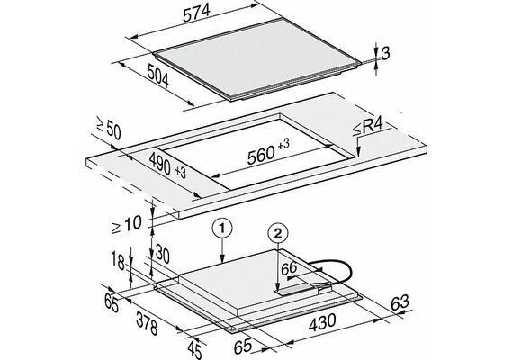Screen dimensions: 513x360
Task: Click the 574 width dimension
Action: coord(196,14)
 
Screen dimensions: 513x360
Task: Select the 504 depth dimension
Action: coord(158,76)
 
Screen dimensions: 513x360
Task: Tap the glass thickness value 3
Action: coord(386,54)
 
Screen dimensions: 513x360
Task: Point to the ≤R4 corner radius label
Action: coord(367,128)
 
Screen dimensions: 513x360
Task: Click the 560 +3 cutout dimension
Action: coord(268,152)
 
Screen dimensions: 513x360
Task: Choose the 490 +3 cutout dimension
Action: coord(167,166)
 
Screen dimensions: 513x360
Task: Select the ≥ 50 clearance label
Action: coord(109,129)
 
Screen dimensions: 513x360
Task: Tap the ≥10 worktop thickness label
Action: coord(126,224)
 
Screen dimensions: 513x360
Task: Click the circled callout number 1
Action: coord(222,229)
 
